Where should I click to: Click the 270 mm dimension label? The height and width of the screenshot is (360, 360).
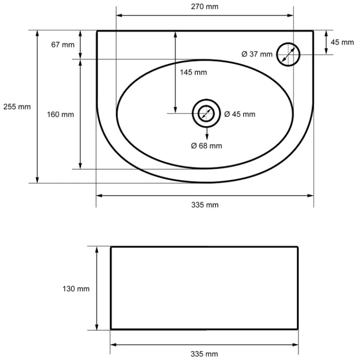(x=205, y=7)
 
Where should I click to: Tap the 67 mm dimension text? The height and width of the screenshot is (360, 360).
(x=63, y=45)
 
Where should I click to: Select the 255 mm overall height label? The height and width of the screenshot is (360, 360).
(x=17, y=107)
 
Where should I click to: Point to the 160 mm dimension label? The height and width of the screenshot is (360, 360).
(x=60, y=115)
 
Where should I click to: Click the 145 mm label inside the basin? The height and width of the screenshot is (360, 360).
(x=193, y=72)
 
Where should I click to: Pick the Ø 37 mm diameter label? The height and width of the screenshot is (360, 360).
(x=257, y=54)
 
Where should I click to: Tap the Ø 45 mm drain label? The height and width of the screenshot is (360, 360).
(x=240, y=114)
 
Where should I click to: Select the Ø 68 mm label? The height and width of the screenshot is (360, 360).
(x=207, y=146)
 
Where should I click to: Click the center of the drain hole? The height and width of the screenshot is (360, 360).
(x=206, y=113)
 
